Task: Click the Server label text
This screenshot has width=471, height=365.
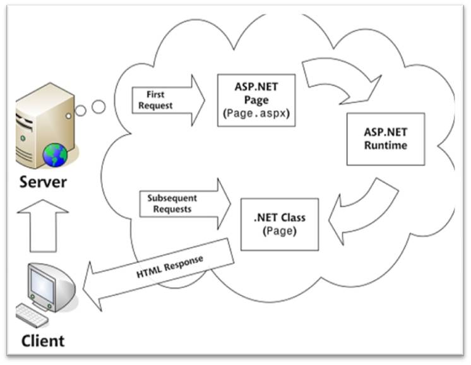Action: (x=42, y=183)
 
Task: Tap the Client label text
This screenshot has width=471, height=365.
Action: (x=42, y=341)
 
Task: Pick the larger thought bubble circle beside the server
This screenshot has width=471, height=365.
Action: (x=98, y=107)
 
